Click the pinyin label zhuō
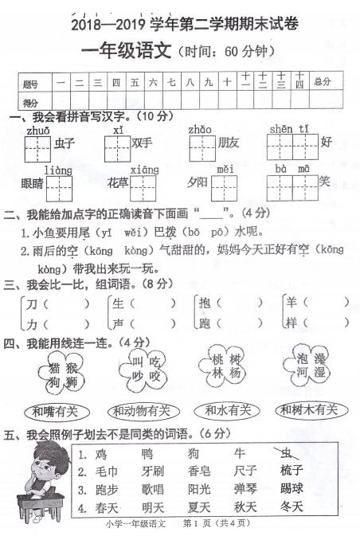point(37,131)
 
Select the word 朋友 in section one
point(229,143)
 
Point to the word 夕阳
point(197,182)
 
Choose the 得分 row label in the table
point(31,102)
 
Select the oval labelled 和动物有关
point(140,411)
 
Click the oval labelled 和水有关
point(228,410)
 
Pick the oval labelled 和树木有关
point(311,410)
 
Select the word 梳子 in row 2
point(292,471)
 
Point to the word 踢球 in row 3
point(292,489)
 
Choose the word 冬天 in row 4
point(292,507)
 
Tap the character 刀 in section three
point(32,303)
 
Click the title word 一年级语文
point(127,51)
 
